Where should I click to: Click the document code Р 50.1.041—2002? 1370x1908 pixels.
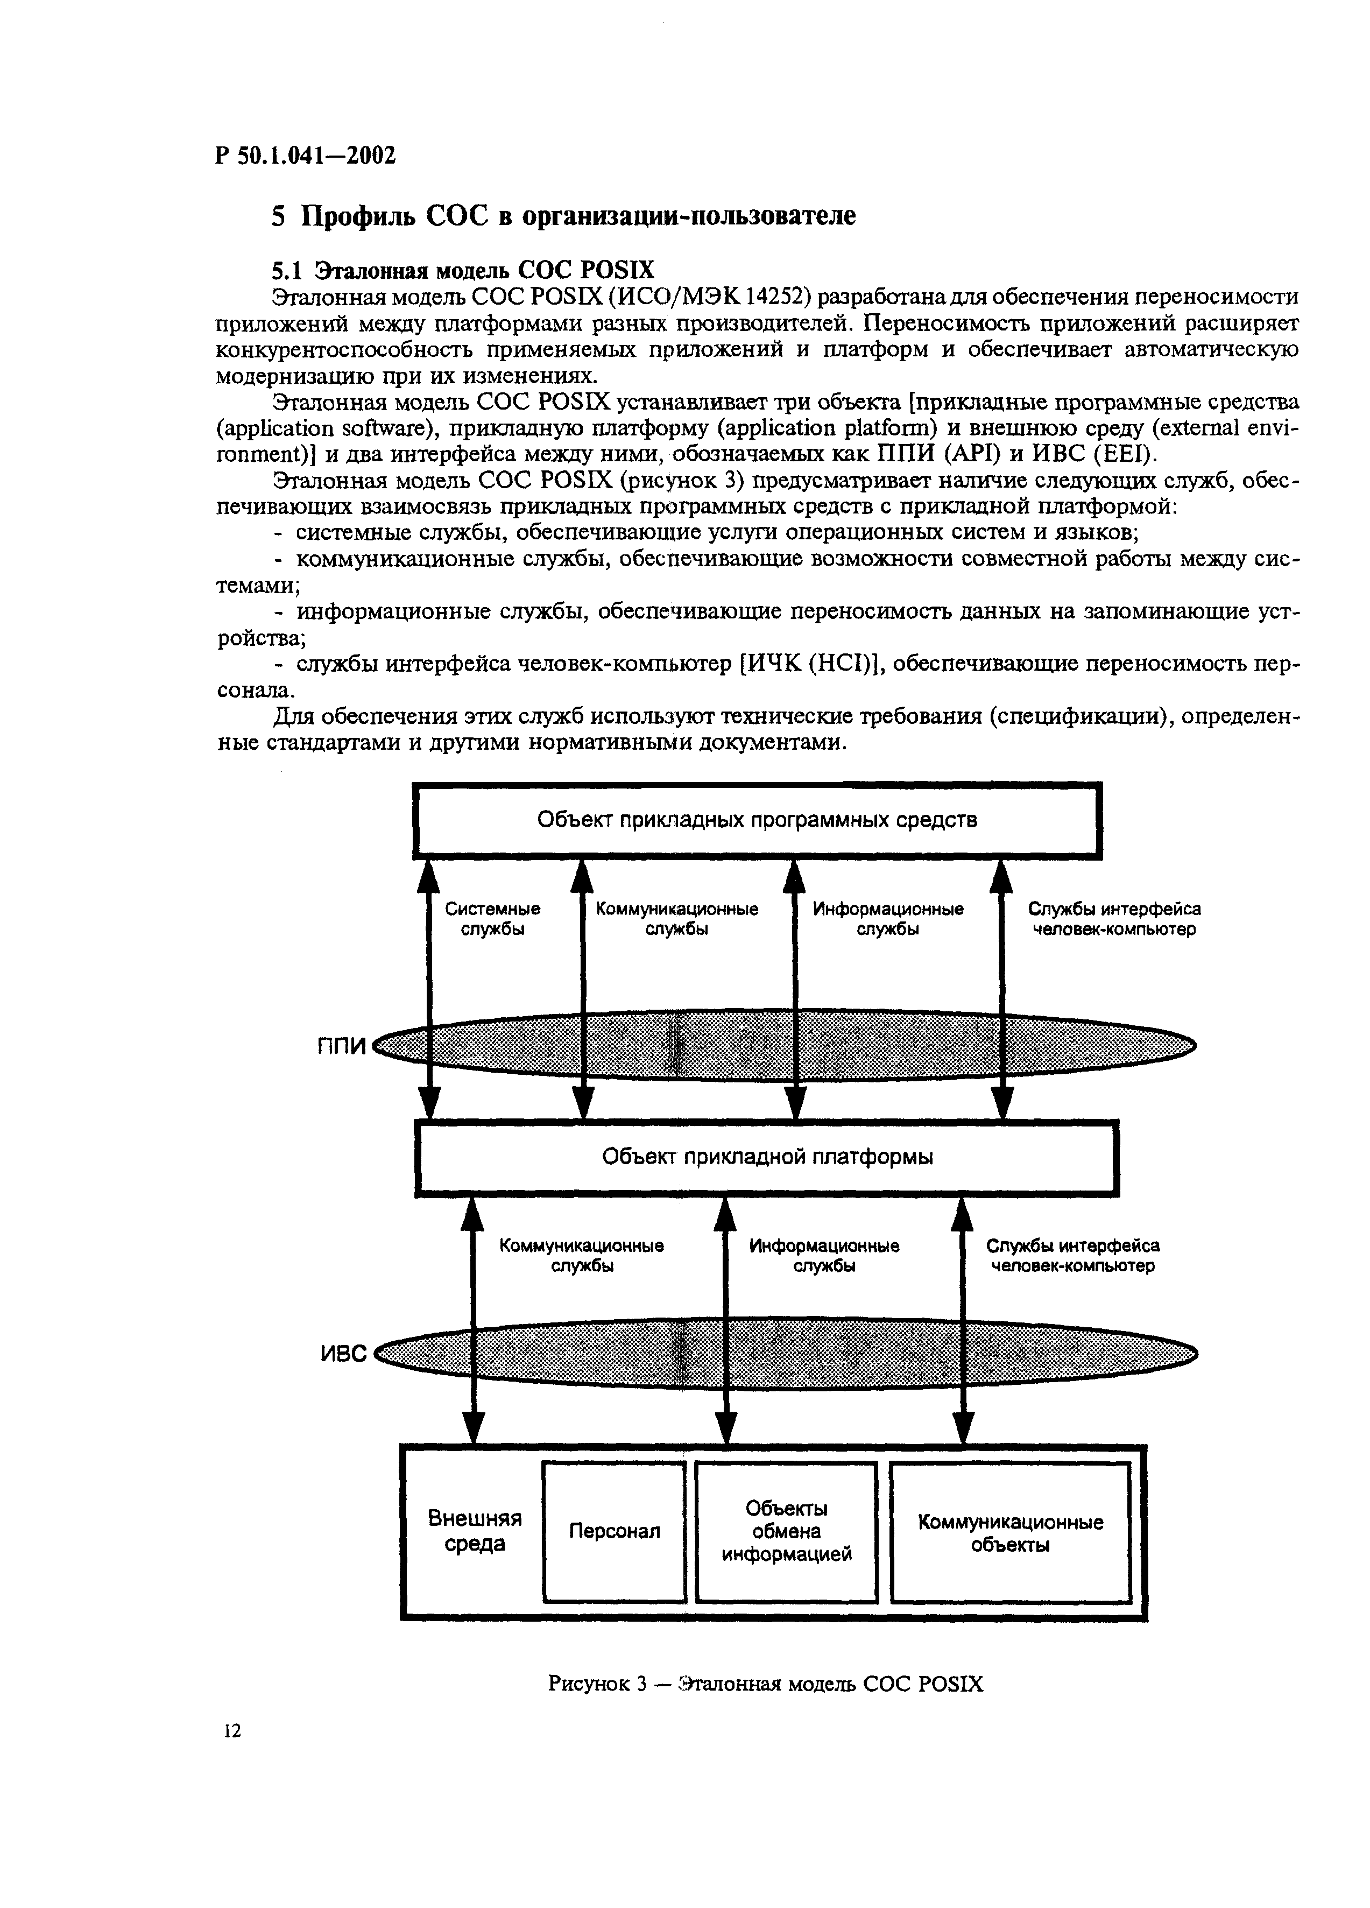pos(305,157)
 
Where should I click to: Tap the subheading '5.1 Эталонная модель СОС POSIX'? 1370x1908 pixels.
pos(462,270)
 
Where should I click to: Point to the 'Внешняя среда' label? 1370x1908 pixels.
pos(474,1530)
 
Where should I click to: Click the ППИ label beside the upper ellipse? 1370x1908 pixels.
pos(343,1046)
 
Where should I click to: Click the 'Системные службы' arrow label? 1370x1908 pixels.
pos(493,919)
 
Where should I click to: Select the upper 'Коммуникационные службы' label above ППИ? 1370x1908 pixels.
pos(677,919)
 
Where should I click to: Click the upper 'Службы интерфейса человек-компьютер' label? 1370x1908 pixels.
pos(1114,919)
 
